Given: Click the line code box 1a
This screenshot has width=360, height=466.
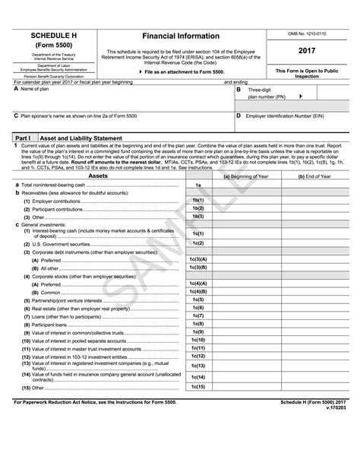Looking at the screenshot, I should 197,185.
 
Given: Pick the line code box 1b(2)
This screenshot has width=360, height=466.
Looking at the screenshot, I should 197,208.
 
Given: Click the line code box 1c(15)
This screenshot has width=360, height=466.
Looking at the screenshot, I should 197,387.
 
